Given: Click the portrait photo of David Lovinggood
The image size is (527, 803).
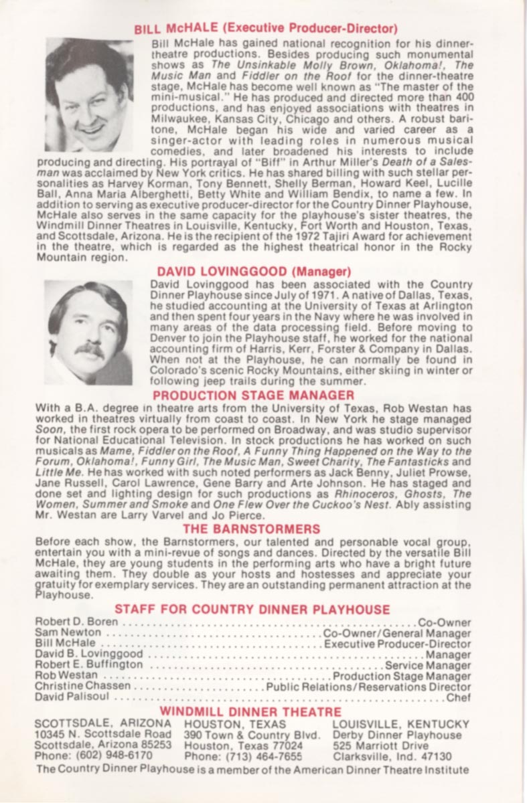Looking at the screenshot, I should pos(88,333).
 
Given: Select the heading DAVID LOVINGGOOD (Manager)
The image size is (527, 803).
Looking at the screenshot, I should pos(254,272).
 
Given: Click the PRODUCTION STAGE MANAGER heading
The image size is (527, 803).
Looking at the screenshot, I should pos(254,395).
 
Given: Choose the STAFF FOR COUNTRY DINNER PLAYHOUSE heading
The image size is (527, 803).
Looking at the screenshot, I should pos(252,609).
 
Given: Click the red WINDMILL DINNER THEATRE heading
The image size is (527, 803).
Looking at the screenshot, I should pos(250,712).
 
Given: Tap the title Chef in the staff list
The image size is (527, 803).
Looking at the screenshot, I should pos(458,697).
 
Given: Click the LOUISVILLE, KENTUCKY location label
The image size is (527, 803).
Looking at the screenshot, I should pos(401,724).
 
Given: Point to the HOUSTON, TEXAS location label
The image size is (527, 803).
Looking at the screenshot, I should pos(235,724).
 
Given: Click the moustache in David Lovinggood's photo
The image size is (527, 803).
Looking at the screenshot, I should pos(89,349).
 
